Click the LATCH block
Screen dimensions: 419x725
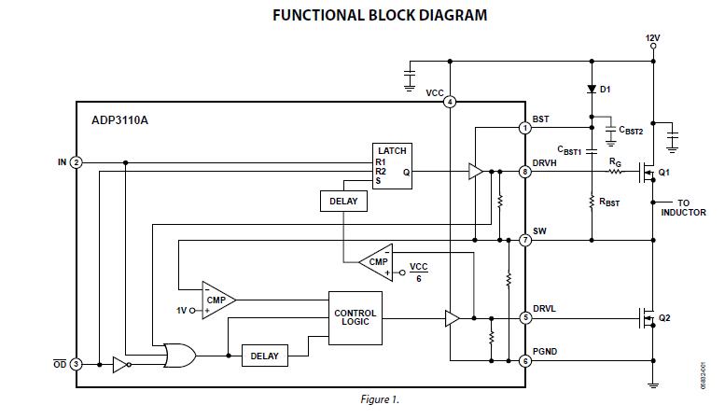(392, 165)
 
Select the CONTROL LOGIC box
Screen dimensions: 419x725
(355, 317)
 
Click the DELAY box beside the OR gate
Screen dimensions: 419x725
(265, 355)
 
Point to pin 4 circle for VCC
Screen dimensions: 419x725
(450, 102)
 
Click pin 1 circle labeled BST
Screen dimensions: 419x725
(526, 128)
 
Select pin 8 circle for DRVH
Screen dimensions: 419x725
(526, 172)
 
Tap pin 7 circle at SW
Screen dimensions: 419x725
(526, 240)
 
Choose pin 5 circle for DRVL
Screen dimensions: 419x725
(526, 317)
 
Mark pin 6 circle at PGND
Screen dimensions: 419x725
(526, 360)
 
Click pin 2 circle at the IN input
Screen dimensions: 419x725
(77, 162)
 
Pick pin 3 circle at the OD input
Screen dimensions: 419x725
(77, 364)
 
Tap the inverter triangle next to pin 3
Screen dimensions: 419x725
(120, 364)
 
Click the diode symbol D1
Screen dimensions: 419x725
(592, 90)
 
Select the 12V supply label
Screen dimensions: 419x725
(652, 38)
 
